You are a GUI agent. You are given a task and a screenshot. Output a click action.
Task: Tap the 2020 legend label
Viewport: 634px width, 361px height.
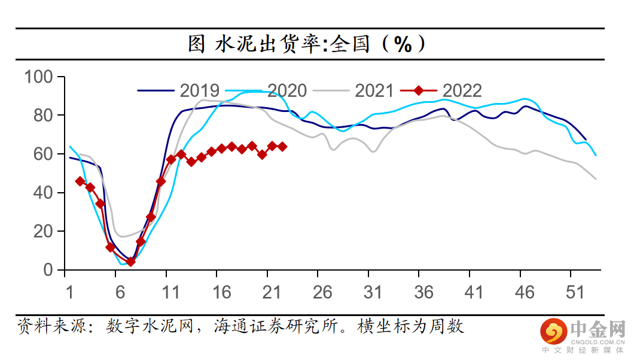pos(287,90)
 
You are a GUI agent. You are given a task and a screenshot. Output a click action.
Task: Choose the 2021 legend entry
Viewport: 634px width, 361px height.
pos(374,90)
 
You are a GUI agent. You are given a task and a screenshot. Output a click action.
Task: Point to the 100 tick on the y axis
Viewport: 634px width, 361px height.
pos(39,77)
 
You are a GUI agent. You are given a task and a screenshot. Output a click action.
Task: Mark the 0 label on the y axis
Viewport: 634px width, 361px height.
pos(50,271)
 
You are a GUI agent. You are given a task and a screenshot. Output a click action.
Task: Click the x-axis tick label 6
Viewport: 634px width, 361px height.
pos(120,292)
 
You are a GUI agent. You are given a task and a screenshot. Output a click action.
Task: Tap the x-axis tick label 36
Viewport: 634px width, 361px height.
pos(424,292)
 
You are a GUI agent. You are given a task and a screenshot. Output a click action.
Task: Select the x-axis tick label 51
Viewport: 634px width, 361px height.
pos(576,292)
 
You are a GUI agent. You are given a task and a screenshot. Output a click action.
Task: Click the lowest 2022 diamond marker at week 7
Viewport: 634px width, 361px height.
pos(130,262)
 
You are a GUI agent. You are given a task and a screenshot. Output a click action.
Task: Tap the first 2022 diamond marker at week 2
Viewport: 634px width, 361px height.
pos(80,181)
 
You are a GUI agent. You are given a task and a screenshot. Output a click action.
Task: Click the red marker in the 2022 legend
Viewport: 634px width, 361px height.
pos(418,90)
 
